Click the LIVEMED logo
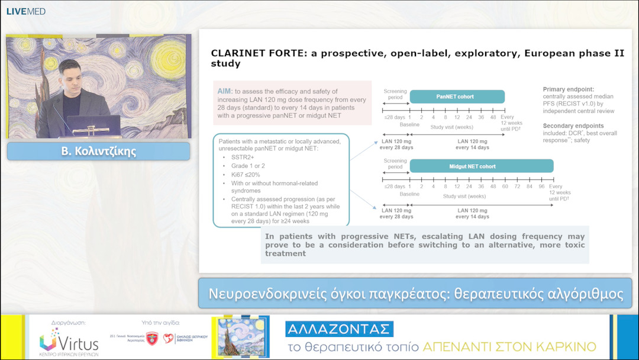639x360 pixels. point(25,11)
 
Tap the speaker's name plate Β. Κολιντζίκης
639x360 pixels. point(99,151)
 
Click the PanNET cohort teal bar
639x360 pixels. point(457,97)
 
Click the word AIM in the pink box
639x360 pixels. point(225,91)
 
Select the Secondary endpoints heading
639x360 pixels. point(573,126)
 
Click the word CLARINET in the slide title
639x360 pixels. point(239,52)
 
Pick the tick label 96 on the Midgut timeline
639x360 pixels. point(541,186)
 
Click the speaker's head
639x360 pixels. point(69,72)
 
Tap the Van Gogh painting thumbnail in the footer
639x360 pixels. point(240,337)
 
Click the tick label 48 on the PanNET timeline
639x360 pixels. point(493,117)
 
